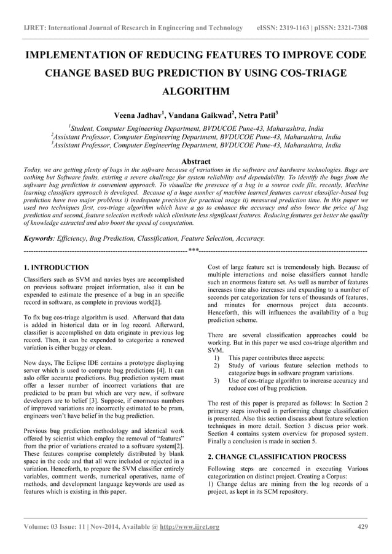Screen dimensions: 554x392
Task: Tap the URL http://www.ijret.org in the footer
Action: [190, 527]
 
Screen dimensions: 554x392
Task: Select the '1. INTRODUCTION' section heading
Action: [55, 268]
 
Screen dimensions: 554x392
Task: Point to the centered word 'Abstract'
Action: [196, 161]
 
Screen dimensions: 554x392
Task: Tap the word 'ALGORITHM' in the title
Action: [196, 92]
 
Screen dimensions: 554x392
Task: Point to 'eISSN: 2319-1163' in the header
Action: [287, 28]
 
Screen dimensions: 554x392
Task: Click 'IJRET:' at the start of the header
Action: [33, 28]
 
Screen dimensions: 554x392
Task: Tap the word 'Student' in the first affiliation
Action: [85, 129]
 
